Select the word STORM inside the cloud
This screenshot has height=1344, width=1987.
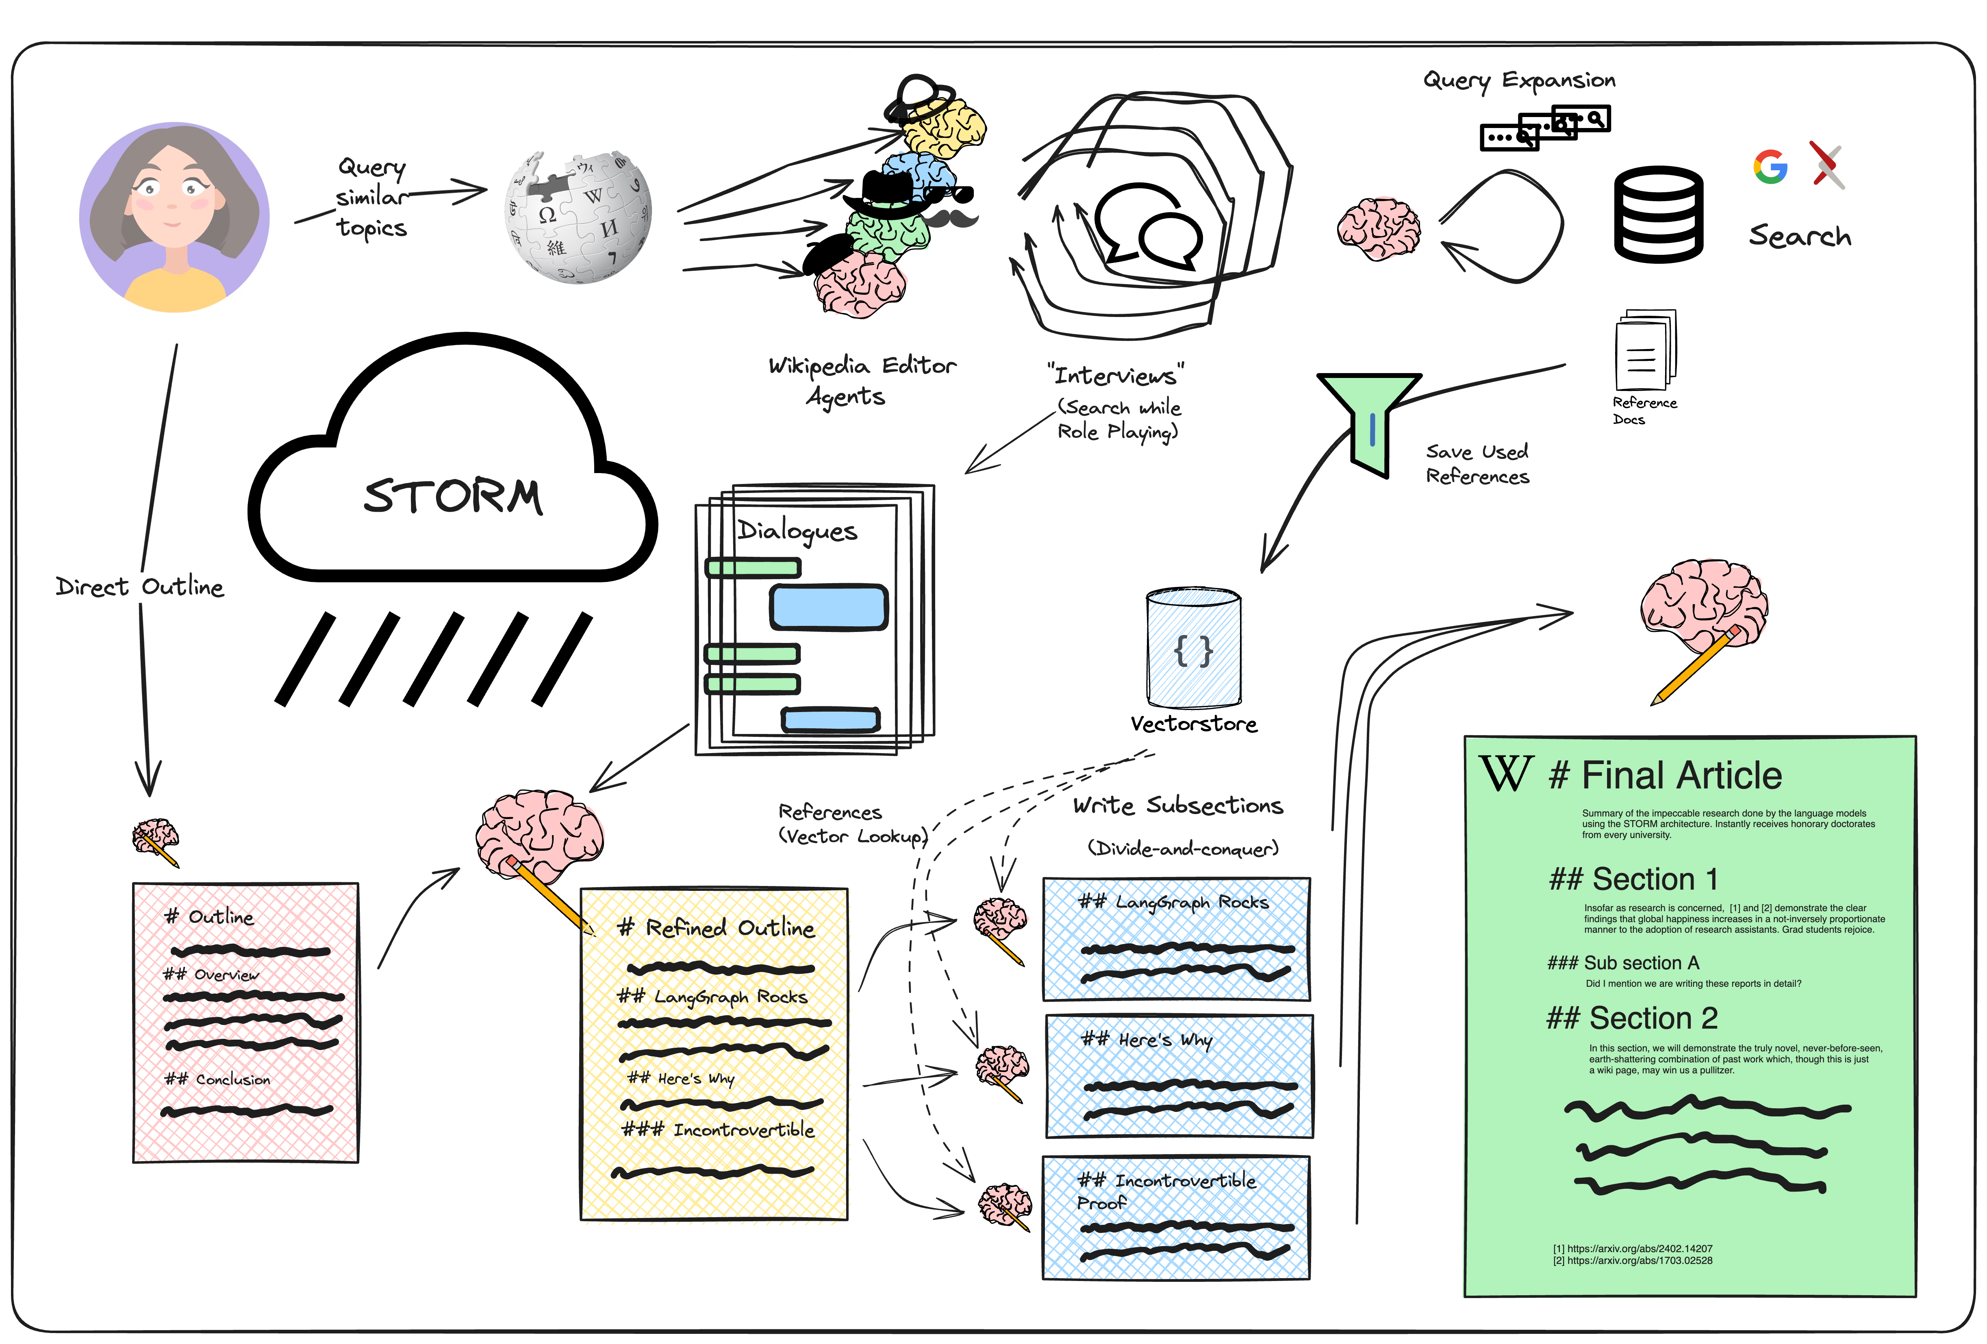[453, 496]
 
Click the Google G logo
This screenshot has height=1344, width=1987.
[1770, 167]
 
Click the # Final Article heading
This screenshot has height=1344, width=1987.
[1666, 775]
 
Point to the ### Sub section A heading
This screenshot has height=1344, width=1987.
[1623, 963]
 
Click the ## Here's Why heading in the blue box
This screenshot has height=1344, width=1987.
[1147, 1040]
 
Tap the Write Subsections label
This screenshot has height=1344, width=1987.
[1178, 806]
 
